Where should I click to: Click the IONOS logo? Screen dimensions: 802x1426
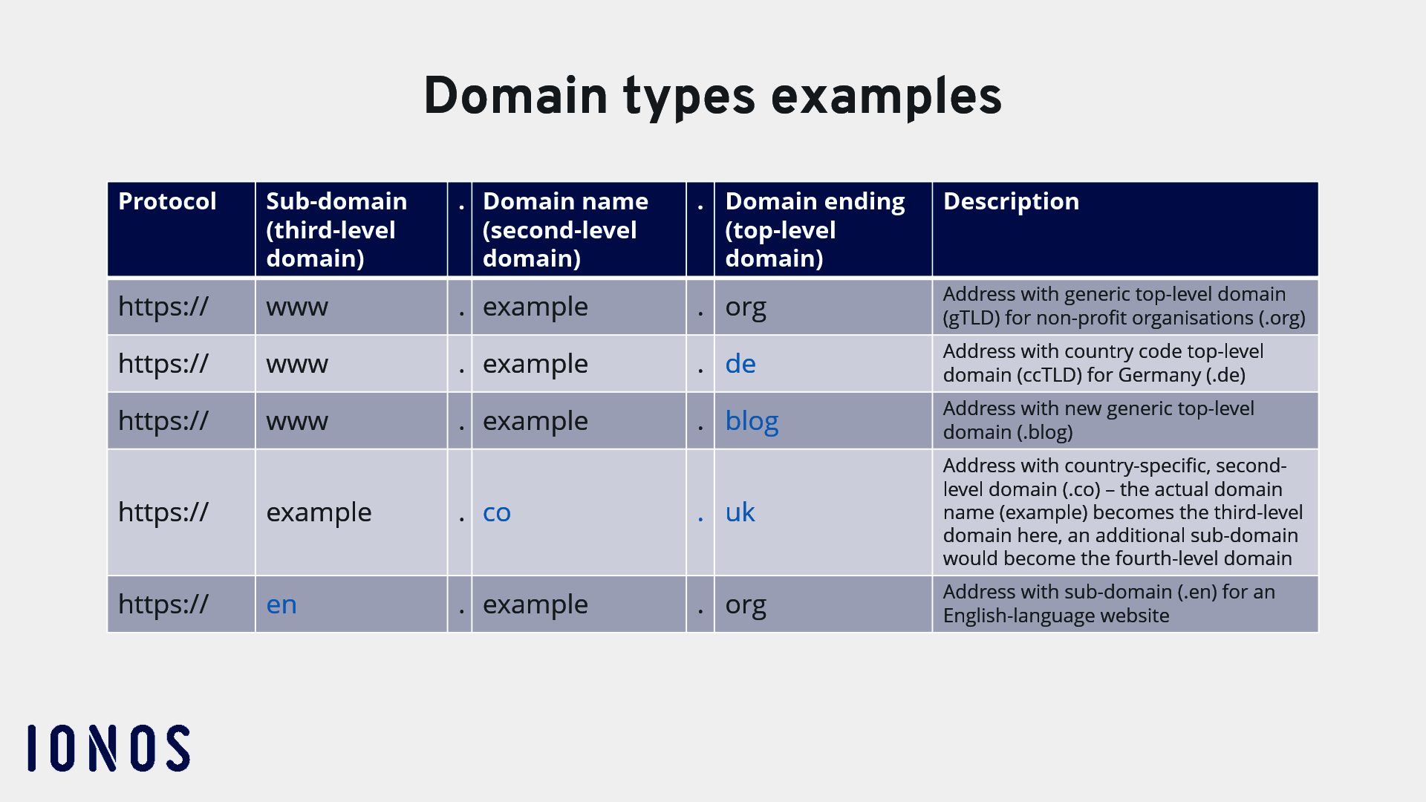[x=109, y=748]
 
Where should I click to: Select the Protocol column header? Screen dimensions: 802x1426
[x=167, y=201]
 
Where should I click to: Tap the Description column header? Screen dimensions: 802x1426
[x=1011, y=201]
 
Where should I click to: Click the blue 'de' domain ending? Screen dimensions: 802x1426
[x=740, y=364]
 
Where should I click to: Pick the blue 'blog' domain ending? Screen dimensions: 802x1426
[x=752, y=421]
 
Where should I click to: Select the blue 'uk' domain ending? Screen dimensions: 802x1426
[x=740, y=512]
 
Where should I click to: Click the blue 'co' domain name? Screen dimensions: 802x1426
[x=497, y=512]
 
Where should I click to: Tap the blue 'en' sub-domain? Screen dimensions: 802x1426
[x=281, y=604]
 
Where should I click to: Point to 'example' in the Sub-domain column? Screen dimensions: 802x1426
[x=319, y=512]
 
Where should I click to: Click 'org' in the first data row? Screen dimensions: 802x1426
[x=746, y=307]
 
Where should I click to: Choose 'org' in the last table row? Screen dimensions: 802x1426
[x=746, y=605]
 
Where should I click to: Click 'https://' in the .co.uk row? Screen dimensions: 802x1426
[x=163, y=512]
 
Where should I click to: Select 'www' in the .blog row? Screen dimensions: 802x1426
[x=297, y=421]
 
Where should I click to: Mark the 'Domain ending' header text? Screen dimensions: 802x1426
[x=815, y=201]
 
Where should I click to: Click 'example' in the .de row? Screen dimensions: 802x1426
[x=535, y=364]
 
